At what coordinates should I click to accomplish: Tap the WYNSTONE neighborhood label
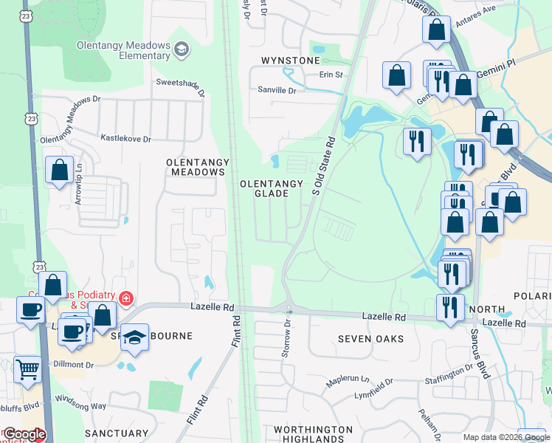click(x=291, y=60)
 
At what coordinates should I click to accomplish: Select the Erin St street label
click(x=331, y=75)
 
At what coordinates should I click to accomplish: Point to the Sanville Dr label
click(x=276, y=90)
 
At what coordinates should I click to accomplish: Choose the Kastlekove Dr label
click(x=125, y=138)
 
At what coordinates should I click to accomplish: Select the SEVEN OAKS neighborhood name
click(x=370, y=339)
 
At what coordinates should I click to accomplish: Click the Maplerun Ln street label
click(x=348, y=379)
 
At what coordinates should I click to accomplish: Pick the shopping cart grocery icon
click(x=28, y=368)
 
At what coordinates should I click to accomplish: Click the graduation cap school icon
click(x=135, y=337)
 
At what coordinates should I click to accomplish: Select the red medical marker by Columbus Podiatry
click(x=127, y=299)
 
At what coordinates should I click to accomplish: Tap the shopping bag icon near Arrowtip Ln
click(x=59, y=170)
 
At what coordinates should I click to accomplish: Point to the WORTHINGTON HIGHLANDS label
click(x=313, y=434)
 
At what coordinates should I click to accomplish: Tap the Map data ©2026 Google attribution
click(x=506, y=437)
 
